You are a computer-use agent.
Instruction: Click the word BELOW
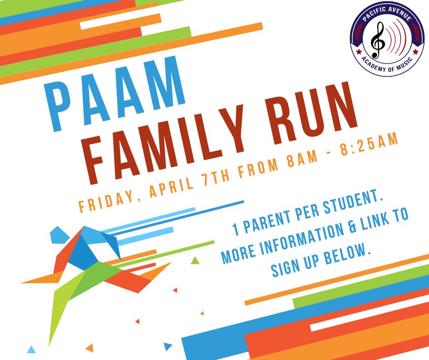coord(347,254)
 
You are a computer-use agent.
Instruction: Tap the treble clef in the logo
coord(378,40)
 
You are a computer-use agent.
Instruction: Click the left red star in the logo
coord(359,52)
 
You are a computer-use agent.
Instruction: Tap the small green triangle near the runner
coord(195,260)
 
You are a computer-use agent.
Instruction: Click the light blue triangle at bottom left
coord(31,349)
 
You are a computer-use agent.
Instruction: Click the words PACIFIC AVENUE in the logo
coord(387,14)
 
